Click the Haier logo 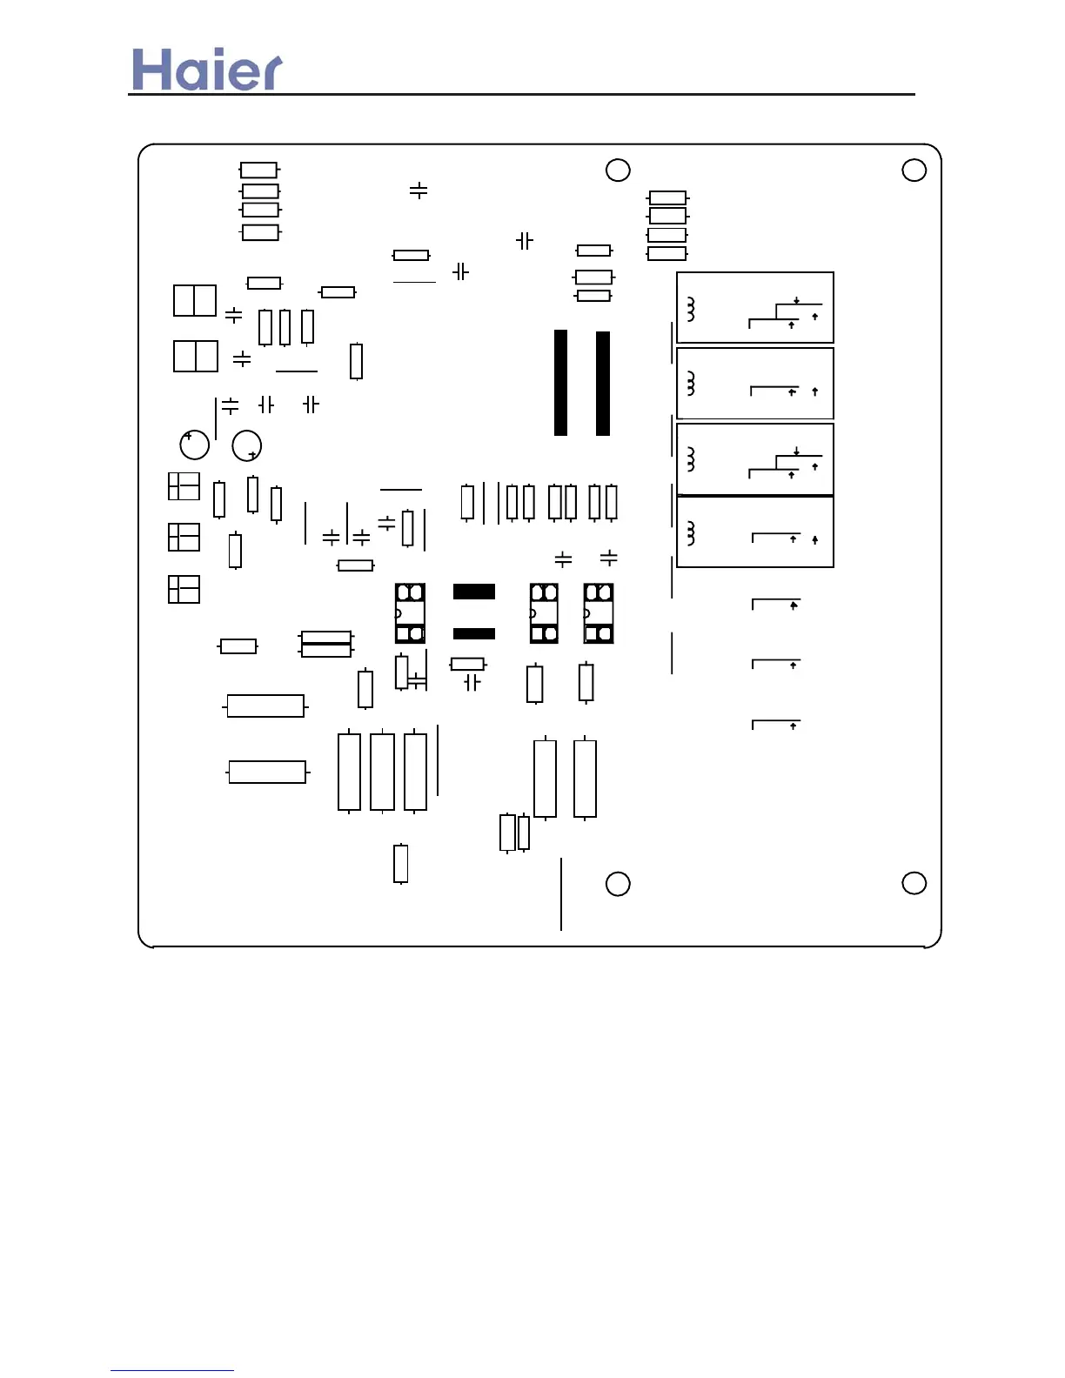[207, 70]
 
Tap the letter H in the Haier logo [150, 70]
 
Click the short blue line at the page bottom [171, 1370]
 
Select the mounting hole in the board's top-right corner [914, 170]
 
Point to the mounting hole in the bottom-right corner [914, 883]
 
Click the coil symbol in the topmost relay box [691, 309]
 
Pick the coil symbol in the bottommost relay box [691, 533]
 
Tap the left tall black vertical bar [560, 383]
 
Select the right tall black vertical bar [602, 383]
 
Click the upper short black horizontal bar [474, 592]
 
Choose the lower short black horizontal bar [474, 633]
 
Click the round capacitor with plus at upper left [194, 445]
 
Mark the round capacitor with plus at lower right [247, 445]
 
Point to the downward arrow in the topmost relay [796, 301]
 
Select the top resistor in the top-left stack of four [258, 170]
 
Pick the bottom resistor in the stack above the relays [667, 253]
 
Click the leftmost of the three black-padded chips [410, 613]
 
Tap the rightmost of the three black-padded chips [599, 613]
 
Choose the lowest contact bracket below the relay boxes [775, 724]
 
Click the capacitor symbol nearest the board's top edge [419, 190]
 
